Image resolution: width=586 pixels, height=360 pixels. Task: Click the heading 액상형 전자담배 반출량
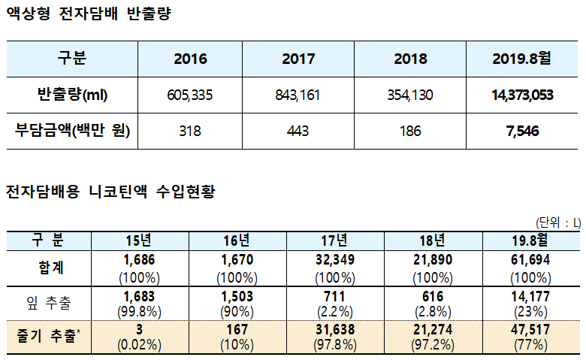tap(88, 14)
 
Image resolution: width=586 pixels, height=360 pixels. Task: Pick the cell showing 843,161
tap(298, 95)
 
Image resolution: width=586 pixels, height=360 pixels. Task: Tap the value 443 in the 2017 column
tap(298, 131)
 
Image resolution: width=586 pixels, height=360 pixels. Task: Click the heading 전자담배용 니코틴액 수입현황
tap(110, 192)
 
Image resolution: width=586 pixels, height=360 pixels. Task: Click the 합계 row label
tap(48, 266)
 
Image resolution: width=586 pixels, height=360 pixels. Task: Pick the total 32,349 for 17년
tap(332, 259)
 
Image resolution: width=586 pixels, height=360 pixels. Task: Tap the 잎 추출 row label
tap(48, 302)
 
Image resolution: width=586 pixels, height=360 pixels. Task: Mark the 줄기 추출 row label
tap(48, 337)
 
